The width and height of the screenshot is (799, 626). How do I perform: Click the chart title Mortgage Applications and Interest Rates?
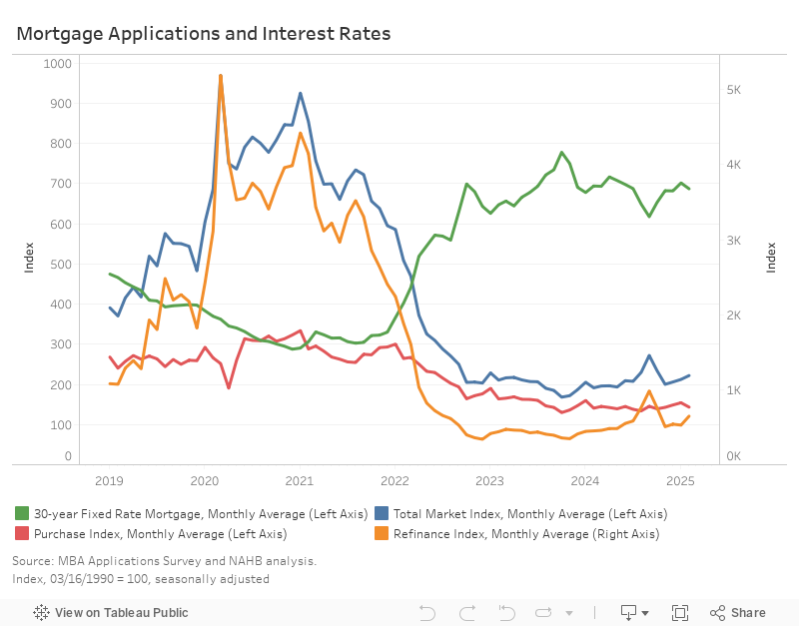(x=203, y=34)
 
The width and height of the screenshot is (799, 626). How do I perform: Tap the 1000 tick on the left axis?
(x=59, y=63)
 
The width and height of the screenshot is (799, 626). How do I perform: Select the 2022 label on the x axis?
(x=395, y=480)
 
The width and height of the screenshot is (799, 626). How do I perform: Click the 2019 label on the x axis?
(x=109, y=480)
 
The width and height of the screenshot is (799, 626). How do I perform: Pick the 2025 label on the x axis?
(x=680, y=480)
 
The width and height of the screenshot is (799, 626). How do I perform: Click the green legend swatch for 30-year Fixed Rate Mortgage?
(x=22, y=513)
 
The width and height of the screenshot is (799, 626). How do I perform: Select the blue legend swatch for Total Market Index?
(x=382, y=513)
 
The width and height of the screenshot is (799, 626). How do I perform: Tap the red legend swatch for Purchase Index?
(x=22, y=534)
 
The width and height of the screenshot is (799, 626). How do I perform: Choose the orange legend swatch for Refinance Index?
(x=382, y=534)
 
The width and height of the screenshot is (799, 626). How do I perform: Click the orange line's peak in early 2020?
(x=220, y=75)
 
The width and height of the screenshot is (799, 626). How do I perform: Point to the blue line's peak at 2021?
(x=301, y=93)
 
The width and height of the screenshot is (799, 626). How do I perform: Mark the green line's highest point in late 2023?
(x=562, y=153)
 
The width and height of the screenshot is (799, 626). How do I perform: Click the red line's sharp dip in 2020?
(x=229, y=387)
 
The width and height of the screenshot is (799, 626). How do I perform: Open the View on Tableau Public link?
(x=111, y=612)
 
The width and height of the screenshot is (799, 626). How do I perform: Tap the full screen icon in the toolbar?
(x=680, y=612)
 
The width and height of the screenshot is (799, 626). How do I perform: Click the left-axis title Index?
(x=28, y=257)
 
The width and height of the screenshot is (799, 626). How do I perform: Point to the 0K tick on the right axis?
(x=733, y=456)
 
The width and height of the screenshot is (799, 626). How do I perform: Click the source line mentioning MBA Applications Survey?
(x=164, y=561)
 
